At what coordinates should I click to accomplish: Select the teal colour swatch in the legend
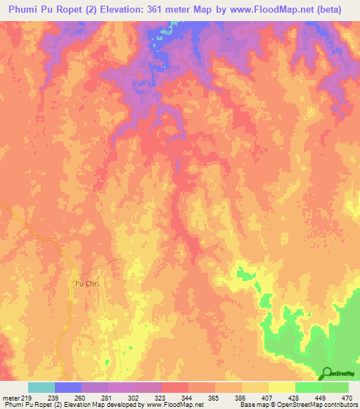tap(41, 387)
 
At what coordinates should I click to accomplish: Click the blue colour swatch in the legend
tap(68, 387)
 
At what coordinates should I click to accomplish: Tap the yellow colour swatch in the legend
tap(281, 387)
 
